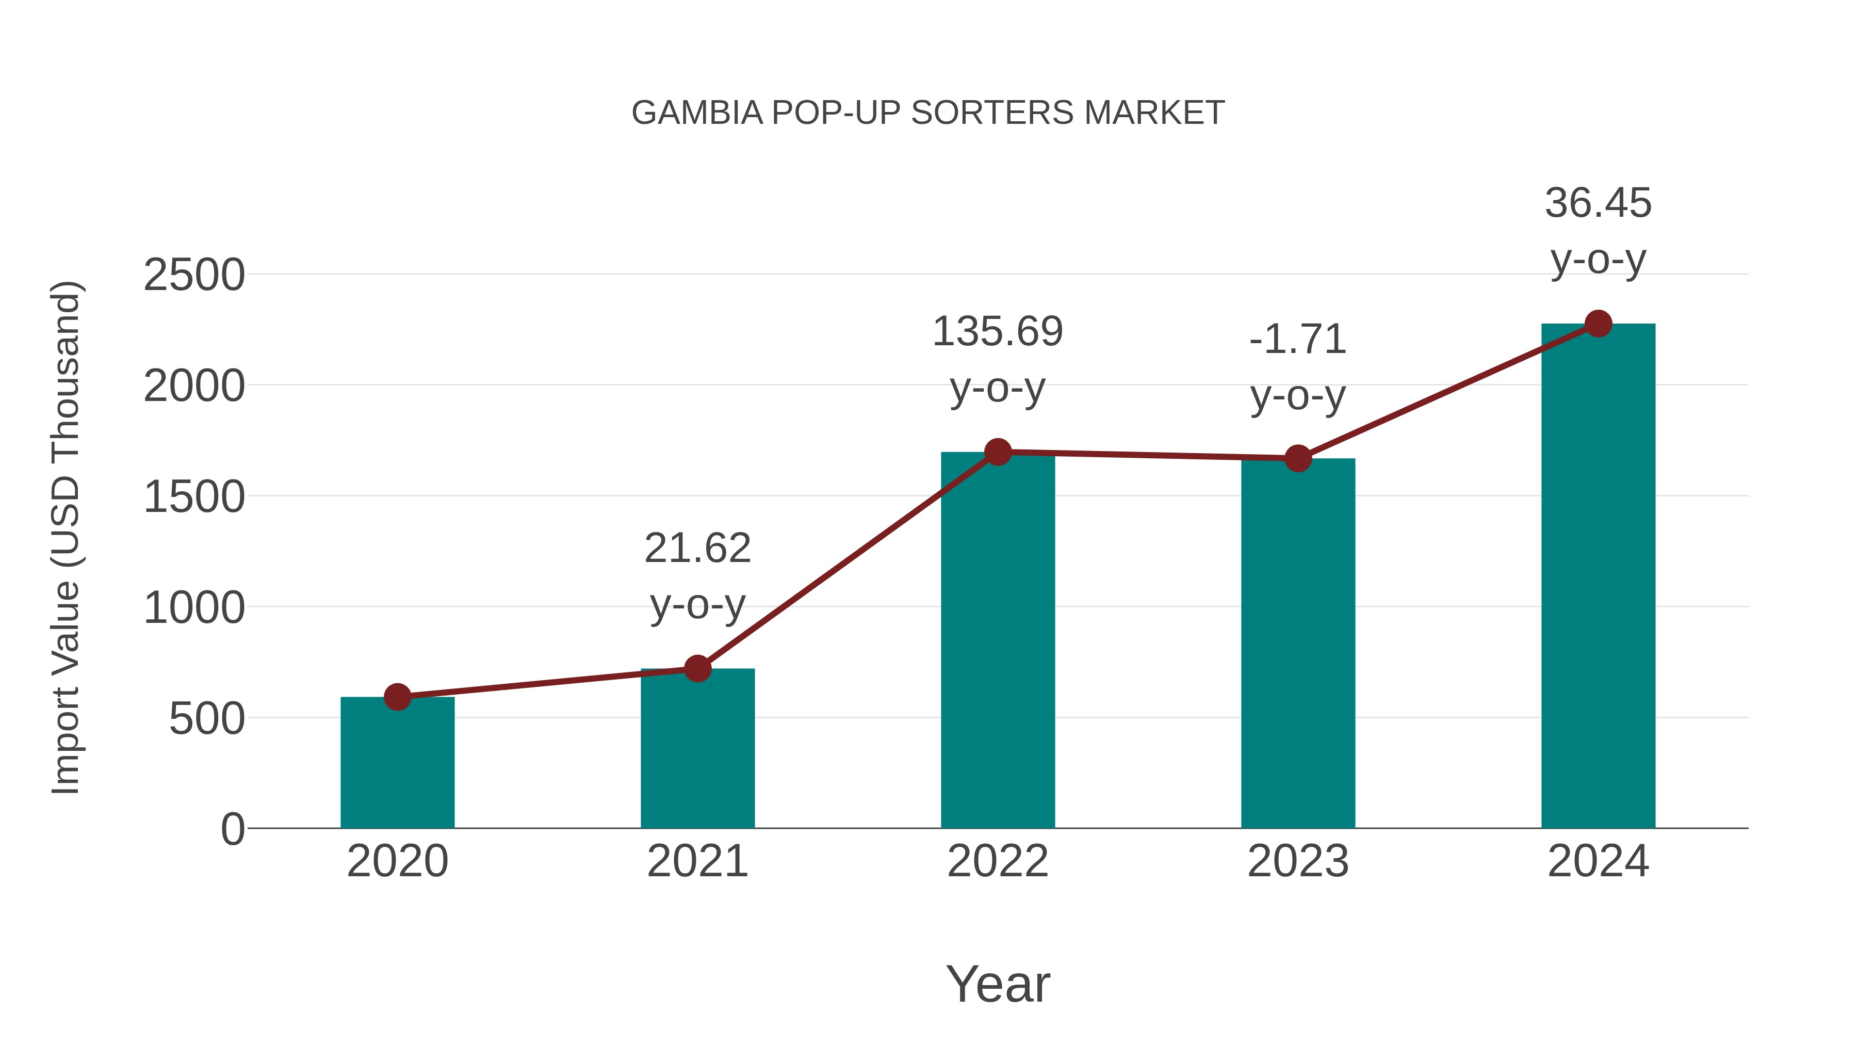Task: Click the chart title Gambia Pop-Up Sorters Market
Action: pyautogui.click(x=928, y=113)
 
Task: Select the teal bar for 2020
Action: pyautogui.click(x=397, y=764)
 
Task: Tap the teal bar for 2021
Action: pyautogui.click(x=697, y=750)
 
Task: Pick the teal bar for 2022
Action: pyautogui.click(x=998, y=642)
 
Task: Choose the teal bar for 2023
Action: pyautogui.click(x=1298, y=646)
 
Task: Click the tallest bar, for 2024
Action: pyautogui.click(x=1598, y=577)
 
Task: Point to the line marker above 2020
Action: pyautogui.click(x=397, y=697)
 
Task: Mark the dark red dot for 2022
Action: pyautogui.click(x=998, y=452)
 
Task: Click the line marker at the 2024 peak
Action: pyautogui.click(x=1598, y=324)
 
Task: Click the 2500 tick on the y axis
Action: pyautogui.click(x=194, y=276)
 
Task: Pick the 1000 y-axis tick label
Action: pyautogui.click(x=194, y=608)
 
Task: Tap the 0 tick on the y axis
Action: pyautogui.click(x=232, y=829)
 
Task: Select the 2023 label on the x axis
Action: pyautogui.click(x=1298, y=861)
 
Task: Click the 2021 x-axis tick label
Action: pyautogui.click(x=697, y=861)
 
